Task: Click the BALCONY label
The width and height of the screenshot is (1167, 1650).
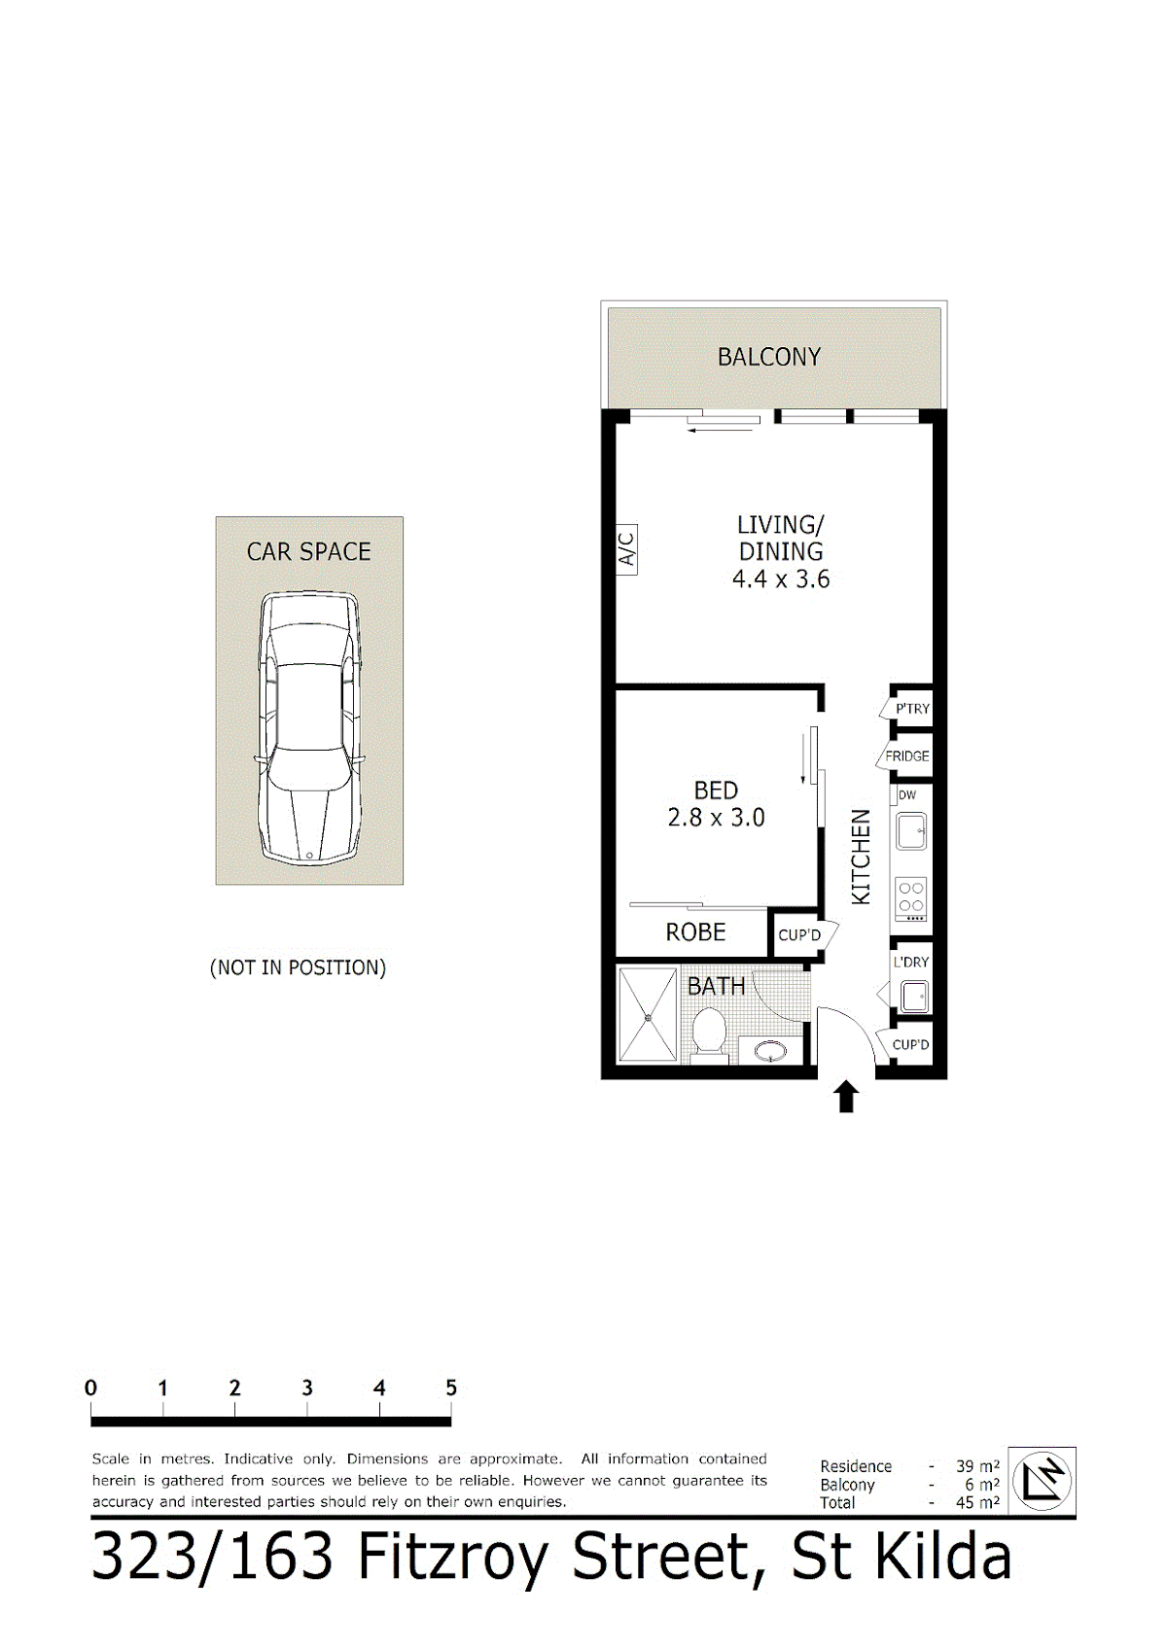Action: (768, 357)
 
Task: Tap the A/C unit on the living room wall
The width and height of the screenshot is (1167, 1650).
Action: (626, 548)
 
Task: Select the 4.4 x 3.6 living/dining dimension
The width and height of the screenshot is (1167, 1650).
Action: (780, 579)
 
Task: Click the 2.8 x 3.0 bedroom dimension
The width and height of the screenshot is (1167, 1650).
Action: (716, 818)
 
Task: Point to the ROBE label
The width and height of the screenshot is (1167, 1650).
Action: (695, 931)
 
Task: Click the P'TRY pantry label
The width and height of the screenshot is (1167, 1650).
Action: (912, 709)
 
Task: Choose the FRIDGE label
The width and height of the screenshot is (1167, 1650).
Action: (907, 755)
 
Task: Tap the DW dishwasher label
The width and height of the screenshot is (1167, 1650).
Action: (907, 795)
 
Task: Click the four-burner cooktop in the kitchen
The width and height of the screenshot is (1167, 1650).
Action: (911, 898)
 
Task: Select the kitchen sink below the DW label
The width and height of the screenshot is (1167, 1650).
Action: (911, 831)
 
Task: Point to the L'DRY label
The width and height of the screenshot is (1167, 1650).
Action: (911, 962)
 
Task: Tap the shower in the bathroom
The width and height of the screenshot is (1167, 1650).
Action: (648, 1016)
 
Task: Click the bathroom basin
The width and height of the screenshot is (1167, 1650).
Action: (770, 1050)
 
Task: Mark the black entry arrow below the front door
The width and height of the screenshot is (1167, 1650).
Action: (846, 1096)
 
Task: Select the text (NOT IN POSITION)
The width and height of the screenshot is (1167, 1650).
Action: (298, 967)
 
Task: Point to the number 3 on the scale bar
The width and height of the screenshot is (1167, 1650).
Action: (307, 1387)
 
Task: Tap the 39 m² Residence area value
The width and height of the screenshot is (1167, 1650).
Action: (977, 1466)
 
